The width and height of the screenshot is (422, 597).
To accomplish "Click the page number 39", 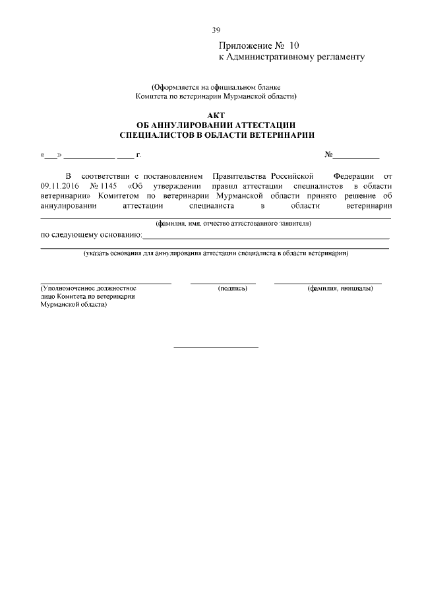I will tap(216, 30).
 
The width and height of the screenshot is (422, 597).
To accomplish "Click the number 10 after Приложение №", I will tap(293, 46).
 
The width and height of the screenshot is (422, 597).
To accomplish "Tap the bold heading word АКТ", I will tap(216, 115).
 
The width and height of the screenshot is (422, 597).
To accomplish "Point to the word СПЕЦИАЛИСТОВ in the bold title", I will tap(156, 135).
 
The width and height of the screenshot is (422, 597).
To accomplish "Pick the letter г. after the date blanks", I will tap(138, 156).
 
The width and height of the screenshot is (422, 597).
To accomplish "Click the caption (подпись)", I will tap(231, 288).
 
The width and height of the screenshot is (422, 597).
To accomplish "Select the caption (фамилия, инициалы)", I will tap(340, 288).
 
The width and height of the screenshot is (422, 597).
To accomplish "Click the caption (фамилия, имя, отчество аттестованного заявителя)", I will tap(233, 224).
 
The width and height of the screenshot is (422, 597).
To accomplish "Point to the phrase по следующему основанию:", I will tap(91, 234).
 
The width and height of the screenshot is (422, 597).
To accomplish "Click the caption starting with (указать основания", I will tap(216, 253).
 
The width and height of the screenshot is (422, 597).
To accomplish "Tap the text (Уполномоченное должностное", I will tap(88, 288).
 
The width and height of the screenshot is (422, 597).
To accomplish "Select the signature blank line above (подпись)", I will tap(223, 283).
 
